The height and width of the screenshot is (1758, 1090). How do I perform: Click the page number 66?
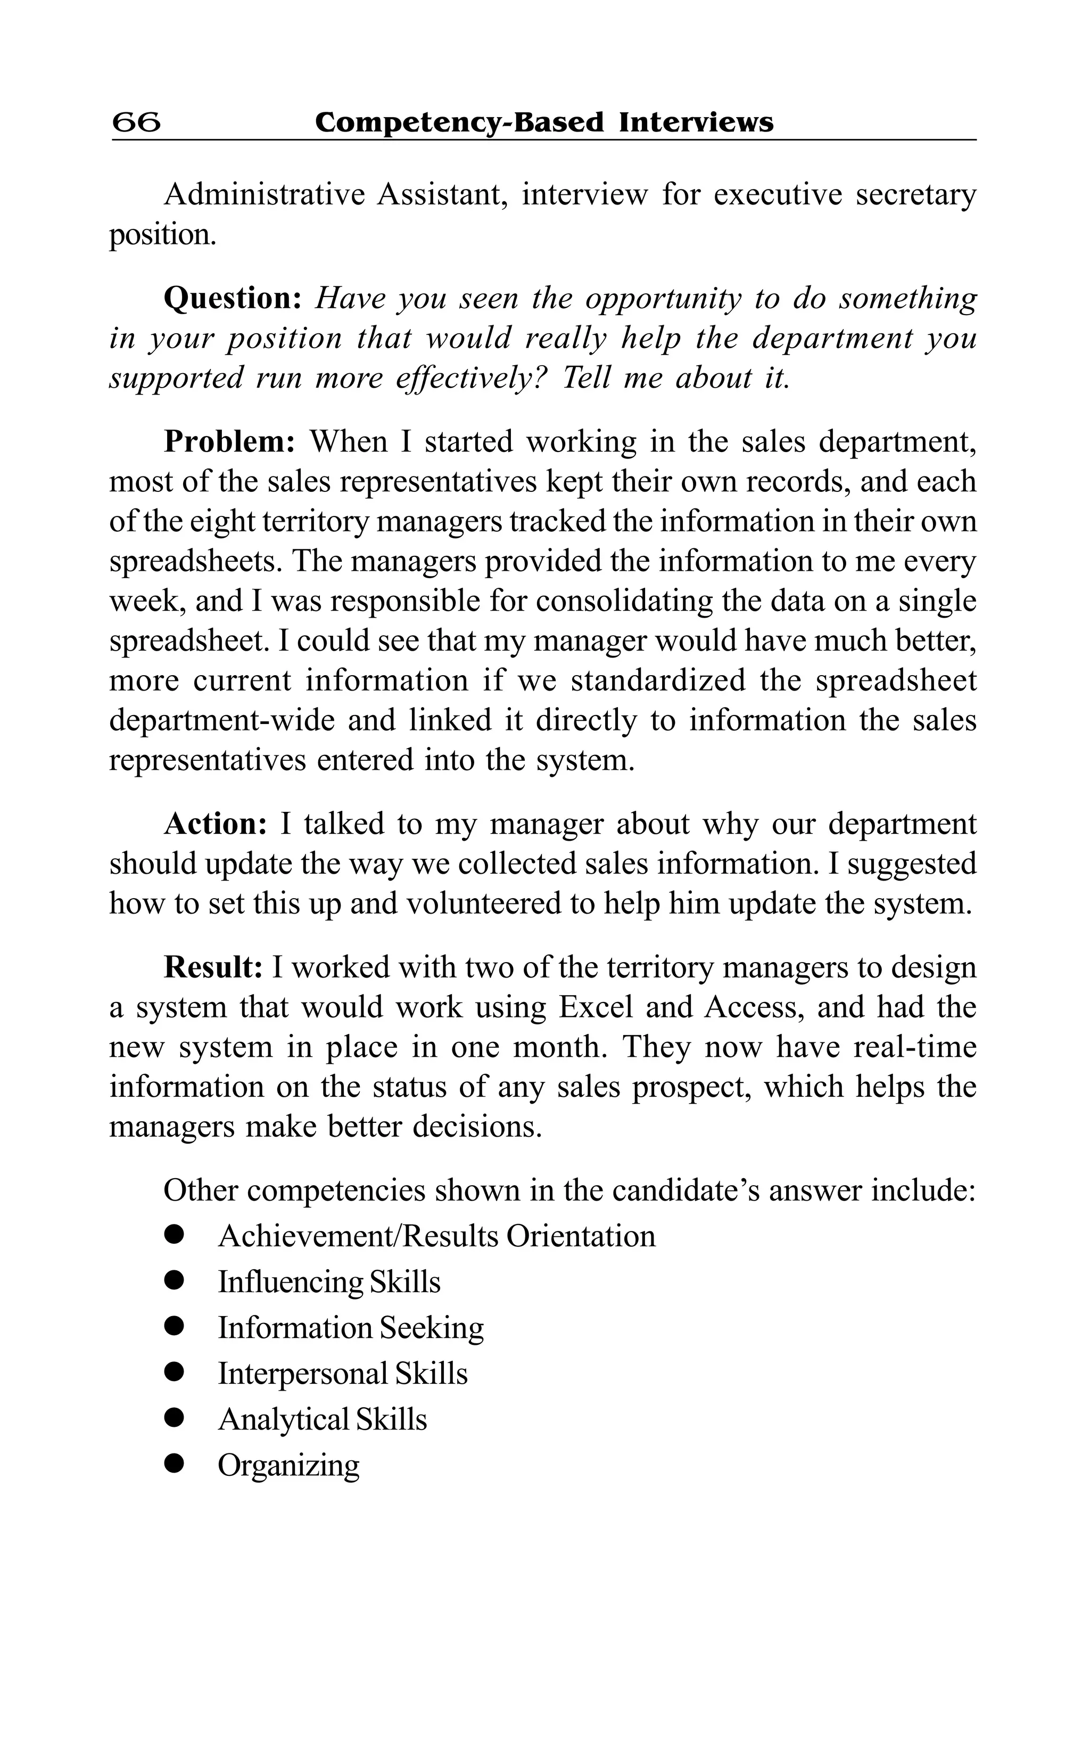137,122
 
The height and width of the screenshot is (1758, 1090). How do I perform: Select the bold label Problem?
229,441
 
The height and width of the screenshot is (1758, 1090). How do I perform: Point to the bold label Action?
216,824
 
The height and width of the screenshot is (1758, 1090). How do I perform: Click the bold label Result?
213,967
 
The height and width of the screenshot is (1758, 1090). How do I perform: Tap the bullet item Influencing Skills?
329,1282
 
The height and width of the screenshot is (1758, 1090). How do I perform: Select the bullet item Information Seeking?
350,1327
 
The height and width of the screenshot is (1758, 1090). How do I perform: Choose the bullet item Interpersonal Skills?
342,1374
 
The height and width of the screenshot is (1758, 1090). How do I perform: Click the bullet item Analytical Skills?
322,1419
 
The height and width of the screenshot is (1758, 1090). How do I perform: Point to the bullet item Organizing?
288,1465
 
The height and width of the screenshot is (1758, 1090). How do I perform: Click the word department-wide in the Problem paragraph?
222,720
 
